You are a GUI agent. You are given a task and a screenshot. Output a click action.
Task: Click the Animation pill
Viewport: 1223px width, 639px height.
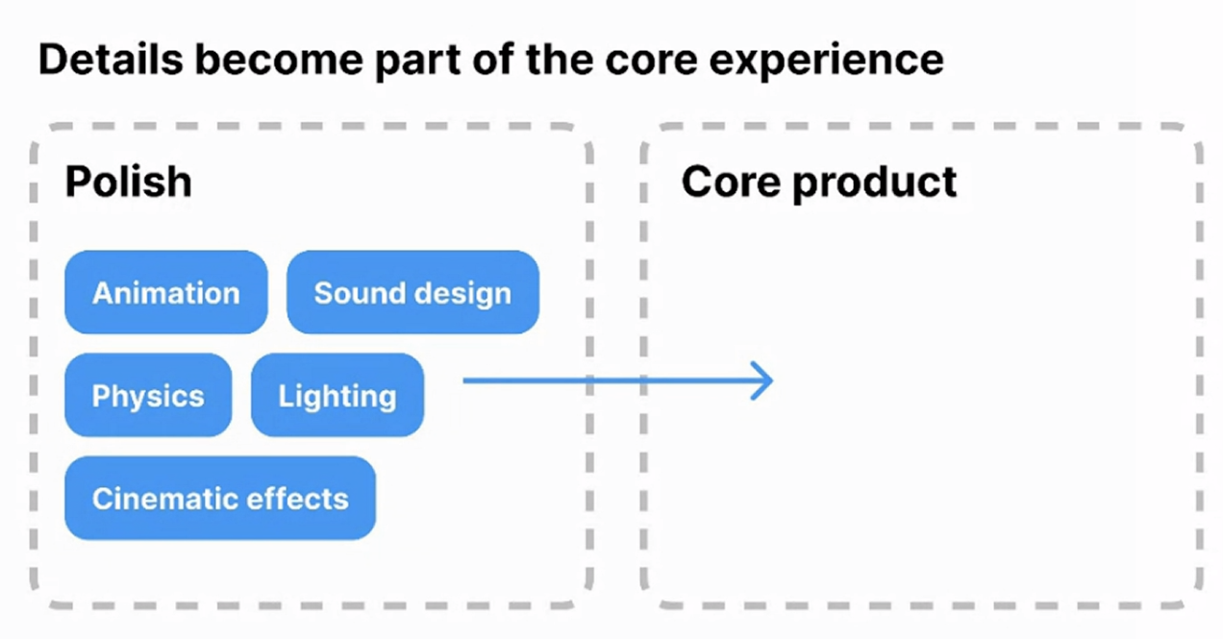click(x=166, y=292)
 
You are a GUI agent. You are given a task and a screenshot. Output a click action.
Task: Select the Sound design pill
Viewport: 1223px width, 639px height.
click(x=412, y=292)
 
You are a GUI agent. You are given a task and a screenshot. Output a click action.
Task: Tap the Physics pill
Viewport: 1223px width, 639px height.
click(x=148, y=395)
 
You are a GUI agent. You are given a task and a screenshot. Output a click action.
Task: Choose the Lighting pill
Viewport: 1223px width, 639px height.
click(x=337, y=395)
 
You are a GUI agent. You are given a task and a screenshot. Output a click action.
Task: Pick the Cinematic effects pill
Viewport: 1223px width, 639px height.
click(x=220, y=498)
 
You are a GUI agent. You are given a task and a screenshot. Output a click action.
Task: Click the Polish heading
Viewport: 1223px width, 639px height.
click(x=128, y=182)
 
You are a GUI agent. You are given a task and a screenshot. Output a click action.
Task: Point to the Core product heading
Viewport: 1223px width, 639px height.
click(x=819, y=183)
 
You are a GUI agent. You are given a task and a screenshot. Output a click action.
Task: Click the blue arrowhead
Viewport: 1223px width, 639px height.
click(x=762, y=381)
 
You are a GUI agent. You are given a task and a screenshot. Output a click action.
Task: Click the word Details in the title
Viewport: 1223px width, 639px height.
click(x=111, y=59)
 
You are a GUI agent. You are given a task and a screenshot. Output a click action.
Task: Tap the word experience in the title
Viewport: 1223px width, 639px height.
click(x=826, y=61)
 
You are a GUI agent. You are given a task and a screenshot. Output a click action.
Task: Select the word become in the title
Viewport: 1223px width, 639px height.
click(x=279, y=59)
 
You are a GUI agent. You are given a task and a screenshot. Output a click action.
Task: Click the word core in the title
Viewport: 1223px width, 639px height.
click(x=651, y=61)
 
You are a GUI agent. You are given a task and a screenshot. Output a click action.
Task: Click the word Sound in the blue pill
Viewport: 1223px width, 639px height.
click(x=362, y=292)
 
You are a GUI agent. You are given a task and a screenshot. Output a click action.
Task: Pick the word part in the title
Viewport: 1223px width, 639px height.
click(x=417, y=61)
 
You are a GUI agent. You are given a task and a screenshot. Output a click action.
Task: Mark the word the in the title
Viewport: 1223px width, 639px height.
click(x=560, y=59)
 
